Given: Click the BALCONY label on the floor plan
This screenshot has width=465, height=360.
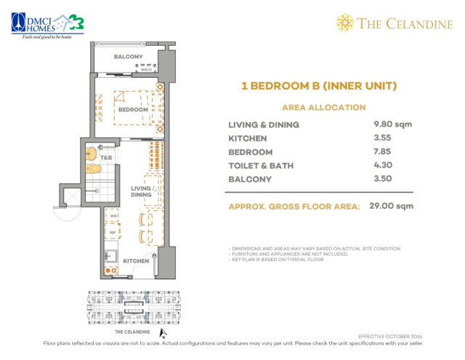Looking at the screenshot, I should pos(129,56).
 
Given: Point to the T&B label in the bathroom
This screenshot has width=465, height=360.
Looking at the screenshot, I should pos(106,158).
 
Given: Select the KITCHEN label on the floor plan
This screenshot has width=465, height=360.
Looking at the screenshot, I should pos(136,260).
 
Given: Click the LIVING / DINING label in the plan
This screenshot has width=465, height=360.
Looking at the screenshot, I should pos(141,191).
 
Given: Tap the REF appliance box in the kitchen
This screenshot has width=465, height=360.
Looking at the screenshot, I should pos(113,232).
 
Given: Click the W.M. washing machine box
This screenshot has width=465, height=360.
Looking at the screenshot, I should pos(113,215).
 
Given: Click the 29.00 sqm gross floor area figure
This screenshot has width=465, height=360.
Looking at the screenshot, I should pos(388,207).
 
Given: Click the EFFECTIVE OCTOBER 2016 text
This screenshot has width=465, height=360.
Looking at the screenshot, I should pos(390,336).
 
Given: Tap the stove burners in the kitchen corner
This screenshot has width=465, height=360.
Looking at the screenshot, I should pos(111,270).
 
